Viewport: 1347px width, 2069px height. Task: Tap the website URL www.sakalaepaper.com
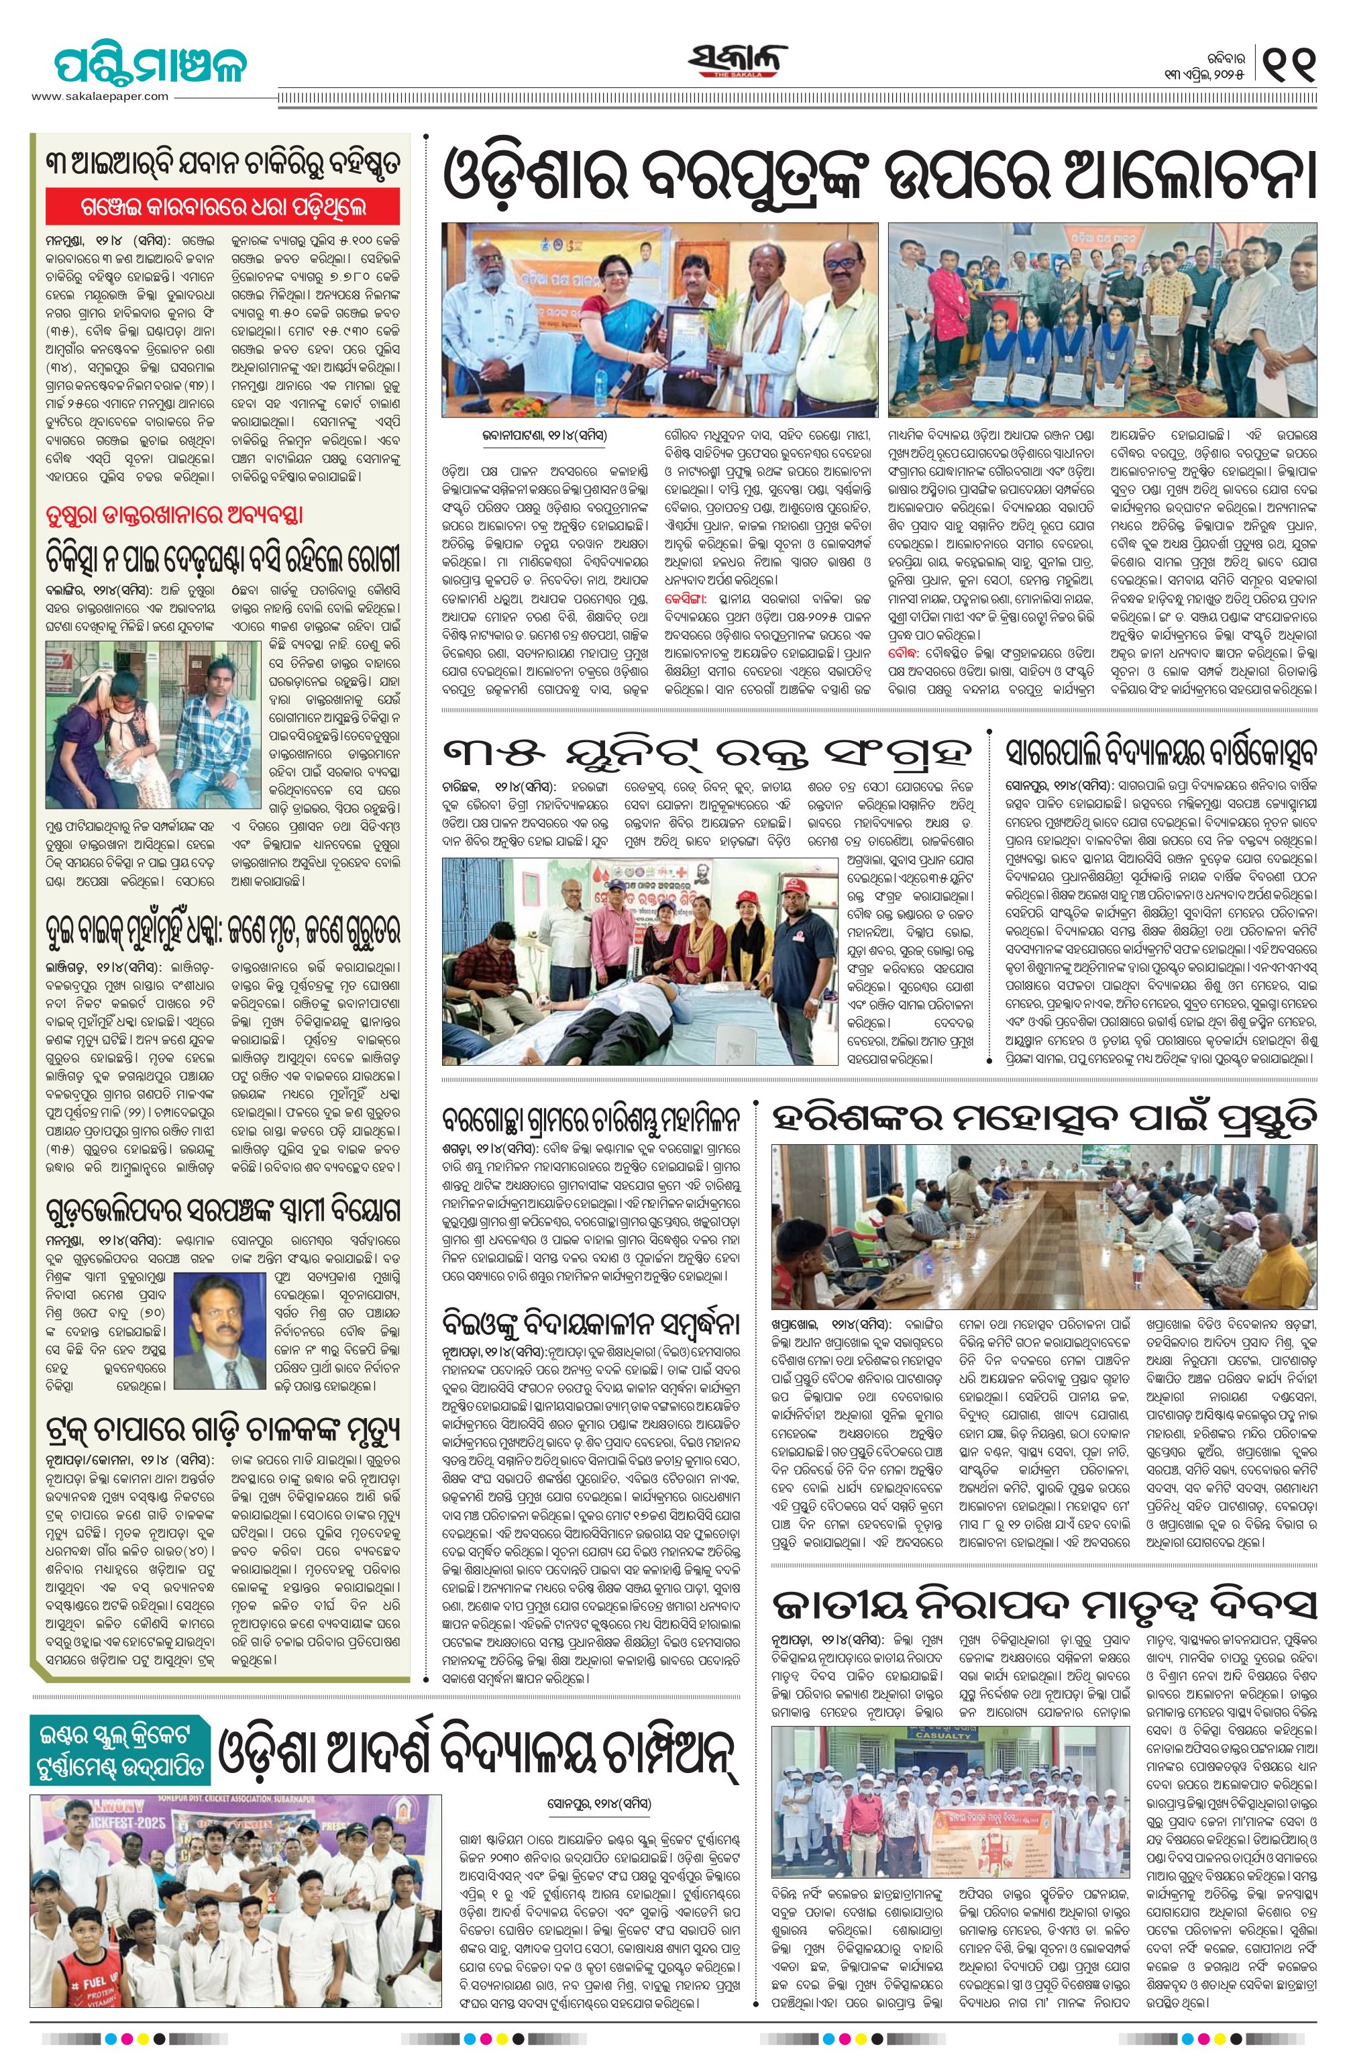tap(100, 97)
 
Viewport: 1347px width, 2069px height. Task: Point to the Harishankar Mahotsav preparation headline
tap(1044, 1119)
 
